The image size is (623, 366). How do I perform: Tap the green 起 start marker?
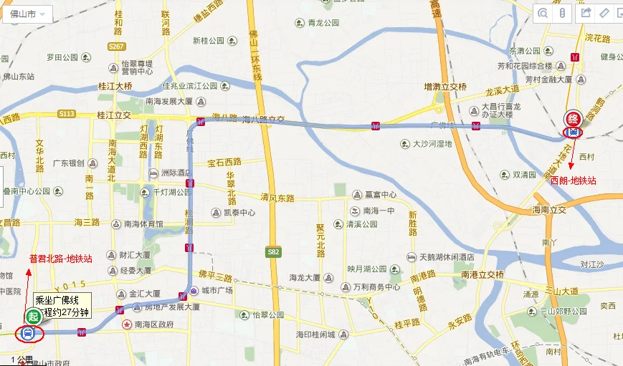click(x=32, y=316)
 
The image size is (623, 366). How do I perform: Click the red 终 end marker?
click(x=573, y=118)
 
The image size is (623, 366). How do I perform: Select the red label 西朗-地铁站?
click(x=573, y=181)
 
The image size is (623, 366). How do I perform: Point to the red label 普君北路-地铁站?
click(x=60, y=259)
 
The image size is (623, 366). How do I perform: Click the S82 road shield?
click(x=273, y=251)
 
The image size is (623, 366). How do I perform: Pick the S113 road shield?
click(x=67, y=113)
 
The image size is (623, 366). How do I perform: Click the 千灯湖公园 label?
click(x=172, y=192)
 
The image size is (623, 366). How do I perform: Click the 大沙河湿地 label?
click(x=432, y=144)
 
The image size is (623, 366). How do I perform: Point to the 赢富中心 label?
click(x=380, y=195)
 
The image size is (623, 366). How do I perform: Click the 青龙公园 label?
click(x=323, y=23)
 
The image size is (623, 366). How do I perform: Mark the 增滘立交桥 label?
click(x=445, y=87)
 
